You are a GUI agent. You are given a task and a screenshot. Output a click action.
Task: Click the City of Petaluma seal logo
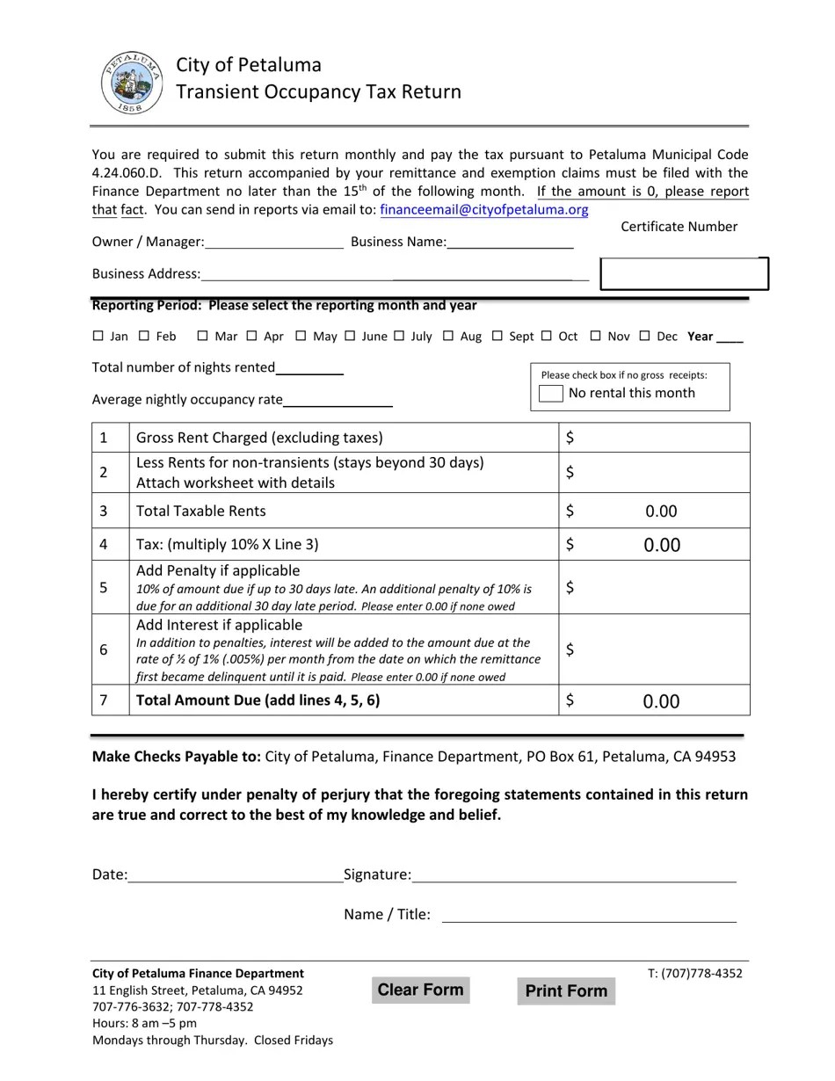132,82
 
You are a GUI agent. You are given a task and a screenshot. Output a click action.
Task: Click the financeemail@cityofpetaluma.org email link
483,210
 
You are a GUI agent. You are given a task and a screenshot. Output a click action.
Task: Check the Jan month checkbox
98,336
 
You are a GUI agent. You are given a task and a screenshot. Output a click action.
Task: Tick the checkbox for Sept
497,336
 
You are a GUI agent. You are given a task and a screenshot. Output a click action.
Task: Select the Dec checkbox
645,336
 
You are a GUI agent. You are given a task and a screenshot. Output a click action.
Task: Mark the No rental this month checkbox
551,394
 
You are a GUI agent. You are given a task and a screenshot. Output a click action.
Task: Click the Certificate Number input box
684,273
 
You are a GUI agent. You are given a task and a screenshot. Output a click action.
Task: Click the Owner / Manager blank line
274,242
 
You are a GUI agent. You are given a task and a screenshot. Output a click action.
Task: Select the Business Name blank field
510,242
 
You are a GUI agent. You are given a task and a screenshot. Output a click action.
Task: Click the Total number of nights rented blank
309,367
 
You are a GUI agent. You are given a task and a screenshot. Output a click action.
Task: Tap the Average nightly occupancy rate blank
338,400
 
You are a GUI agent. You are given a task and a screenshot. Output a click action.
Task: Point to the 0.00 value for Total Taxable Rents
661,511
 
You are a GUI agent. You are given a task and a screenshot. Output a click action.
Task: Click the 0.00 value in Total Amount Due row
661,701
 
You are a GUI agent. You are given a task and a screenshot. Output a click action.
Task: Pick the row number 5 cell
104,587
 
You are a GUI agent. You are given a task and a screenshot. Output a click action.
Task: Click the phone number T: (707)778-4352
694,973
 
